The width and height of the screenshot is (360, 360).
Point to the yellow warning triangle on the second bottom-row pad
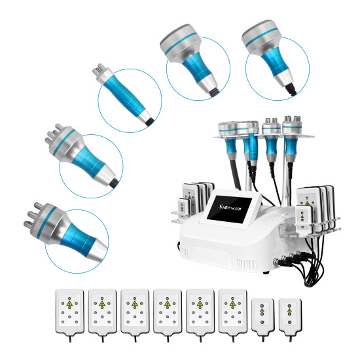(x=102, y=304)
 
